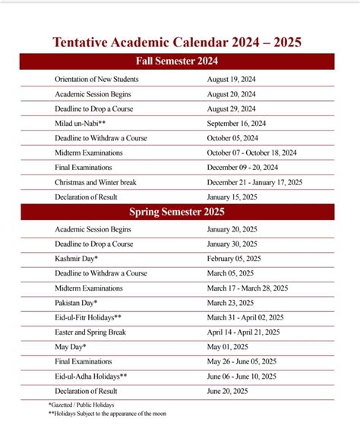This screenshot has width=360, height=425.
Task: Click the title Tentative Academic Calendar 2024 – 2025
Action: tap(177, 42)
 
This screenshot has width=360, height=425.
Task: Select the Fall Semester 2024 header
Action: tap(177, 61)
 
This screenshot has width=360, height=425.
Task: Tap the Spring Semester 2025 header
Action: tap(177, 212)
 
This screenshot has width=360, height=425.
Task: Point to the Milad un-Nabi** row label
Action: tap(80, 123)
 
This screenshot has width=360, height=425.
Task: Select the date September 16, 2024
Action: tap(236, 123)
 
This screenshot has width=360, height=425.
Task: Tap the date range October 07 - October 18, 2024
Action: tap(252, 153)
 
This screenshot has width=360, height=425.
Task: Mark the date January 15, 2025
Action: tap(232, 197)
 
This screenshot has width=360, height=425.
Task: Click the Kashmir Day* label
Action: tap(77, 259)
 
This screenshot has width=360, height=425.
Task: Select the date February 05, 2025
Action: tap(234, 259)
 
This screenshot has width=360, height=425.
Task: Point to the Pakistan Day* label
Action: tap(76, 303)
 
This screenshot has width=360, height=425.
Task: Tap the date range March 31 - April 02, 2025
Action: tap(245, 317)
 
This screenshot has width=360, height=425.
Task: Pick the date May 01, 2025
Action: tap(228, 347)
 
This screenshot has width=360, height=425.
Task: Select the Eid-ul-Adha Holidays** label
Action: tap(91, 376)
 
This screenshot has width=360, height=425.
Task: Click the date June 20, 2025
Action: tap(229, 391)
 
